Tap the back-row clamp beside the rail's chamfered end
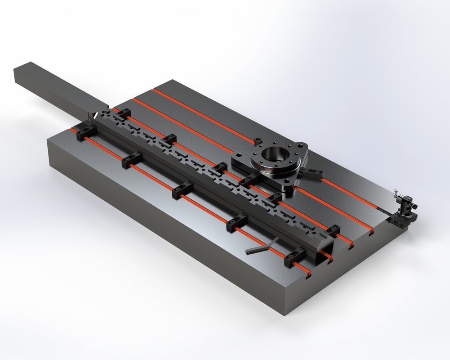[333, 230]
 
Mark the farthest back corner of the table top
[168, 80]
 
